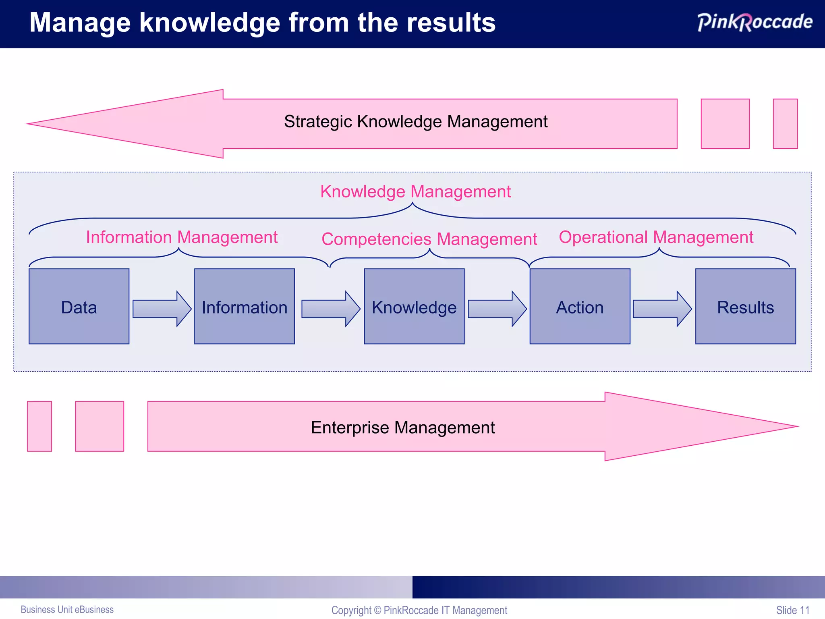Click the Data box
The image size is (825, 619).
coord(79,306)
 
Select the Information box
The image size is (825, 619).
coord(245,306)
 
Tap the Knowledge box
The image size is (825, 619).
coord(414,306)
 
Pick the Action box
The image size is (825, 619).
coord(580,306)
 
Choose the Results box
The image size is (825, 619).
coord(745,306)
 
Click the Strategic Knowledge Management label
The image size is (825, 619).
coord(416,122)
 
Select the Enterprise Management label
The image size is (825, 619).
coord(403,428)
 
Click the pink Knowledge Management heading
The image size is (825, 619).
coord(415,191)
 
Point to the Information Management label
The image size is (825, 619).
coord(182,237)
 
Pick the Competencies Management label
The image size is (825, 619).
coord(429,239)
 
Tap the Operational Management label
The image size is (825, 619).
coord(656,237)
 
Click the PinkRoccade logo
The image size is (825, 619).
coord(755,22)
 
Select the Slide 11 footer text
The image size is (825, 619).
coord(792,610)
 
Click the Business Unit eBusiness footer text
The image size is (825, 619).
coord(67,609)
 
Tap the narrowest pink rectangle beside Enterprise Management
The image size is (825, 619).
coord(39,426)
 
